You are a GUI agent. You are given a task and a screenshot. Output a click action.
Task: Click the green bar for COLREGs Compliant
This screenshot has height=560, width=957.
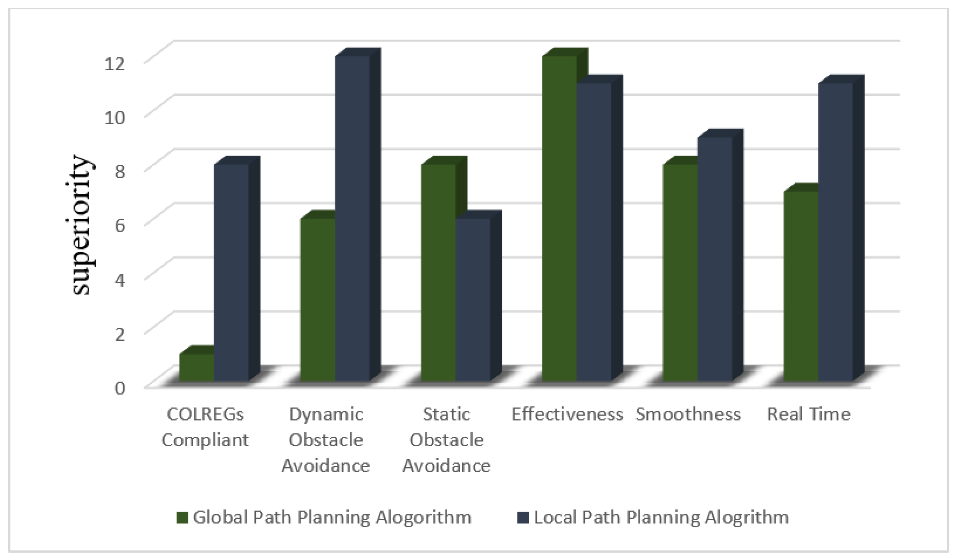197,367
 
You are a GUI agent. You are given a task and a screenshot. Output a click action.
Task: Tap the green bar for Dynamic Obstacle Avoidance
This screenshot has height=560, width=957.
317,300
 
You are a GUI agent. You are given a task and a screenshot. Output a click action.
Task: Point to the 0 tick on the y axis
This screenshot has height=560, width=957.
120,388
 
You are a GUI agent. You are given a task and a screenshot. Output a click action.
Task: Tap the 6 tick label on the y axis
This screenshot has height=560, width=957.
120,226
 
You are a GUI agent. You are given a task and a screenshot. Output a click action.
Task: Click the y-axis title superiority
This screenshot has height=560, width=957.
82,225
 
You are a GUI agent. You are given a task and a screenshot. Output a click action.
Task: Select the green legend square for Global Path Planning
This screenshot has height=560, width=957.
182,517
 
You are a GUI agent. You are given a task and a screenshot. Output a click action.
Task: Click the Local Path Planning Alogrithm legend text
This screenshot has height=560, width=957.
661,517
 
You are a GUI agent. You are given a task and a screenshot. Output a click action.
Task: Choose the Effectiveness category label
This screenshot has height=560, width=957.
567,414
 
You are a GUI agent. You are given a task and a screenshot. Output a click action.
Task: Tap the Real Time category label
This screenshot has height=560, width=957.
808,414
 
